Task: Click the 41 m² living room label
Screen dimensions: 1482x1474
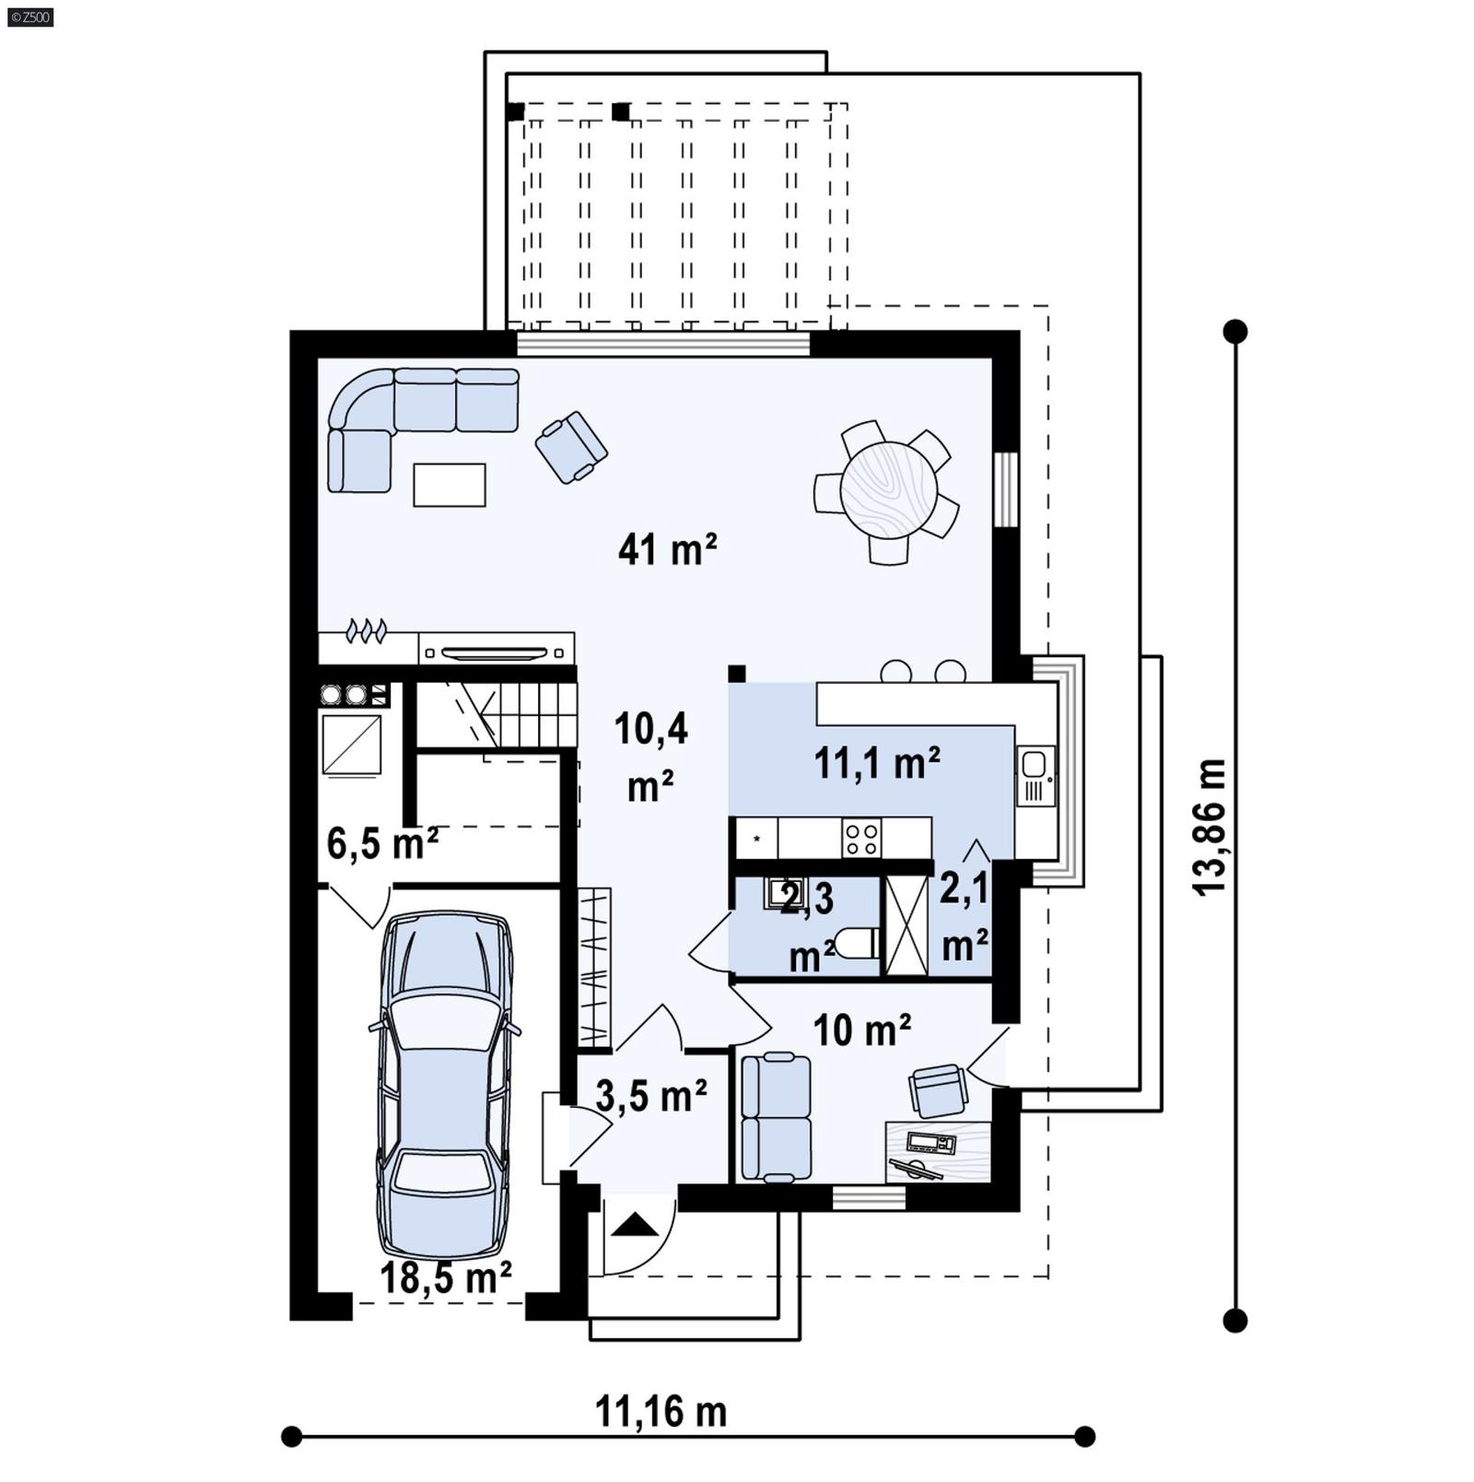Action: pyautogui.click(x=667, y=550)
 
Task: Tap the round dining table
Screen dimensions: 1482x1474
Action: pyautogui.click(x=889, y=490)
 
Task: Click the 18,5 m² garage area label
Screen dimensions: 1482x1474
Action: pyautogui.click(x=446, y=1278)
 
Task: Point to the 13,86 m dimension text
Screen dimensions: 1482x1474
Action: pyautogui.click(x=1211, y=827)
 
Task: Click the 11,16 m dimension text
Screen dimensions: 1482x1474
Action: pyautogui.click(x=661, y=1411)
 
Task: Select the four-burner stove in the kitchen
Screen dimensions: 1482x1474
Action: pyautogui.click(x=861, y=839)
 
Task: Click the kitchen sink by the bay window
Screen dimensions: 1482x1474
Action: pyautogui.click(x=1034, y=764)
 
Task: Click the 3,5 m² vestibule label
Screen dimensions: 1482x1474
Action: pyautogui.click(x=650, y=1096)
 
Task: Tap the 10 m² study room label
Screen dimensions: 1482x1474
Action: pyautogui.click(x=862, y=1030)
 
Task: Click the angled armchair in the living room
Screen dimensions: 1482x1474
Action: pyautogui.click(x=571, y=447)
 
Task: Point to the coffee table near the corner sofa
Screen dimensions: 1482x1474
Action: pyautogui.click(x=450, y=485)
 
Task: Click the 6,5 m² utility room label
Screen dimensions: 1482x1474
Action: pyautogui.click(x=382, y=843)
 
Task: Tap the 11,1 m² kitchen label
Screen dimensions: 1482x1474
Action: pyautogui.click(x=877, y=763)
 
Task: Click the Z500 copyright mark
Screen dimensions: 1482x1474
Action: pyautogui.click(x=29, y=17)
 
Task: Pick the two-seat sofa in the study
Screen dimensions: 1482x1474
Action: pyautogui.click(x=776, y=1117)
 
